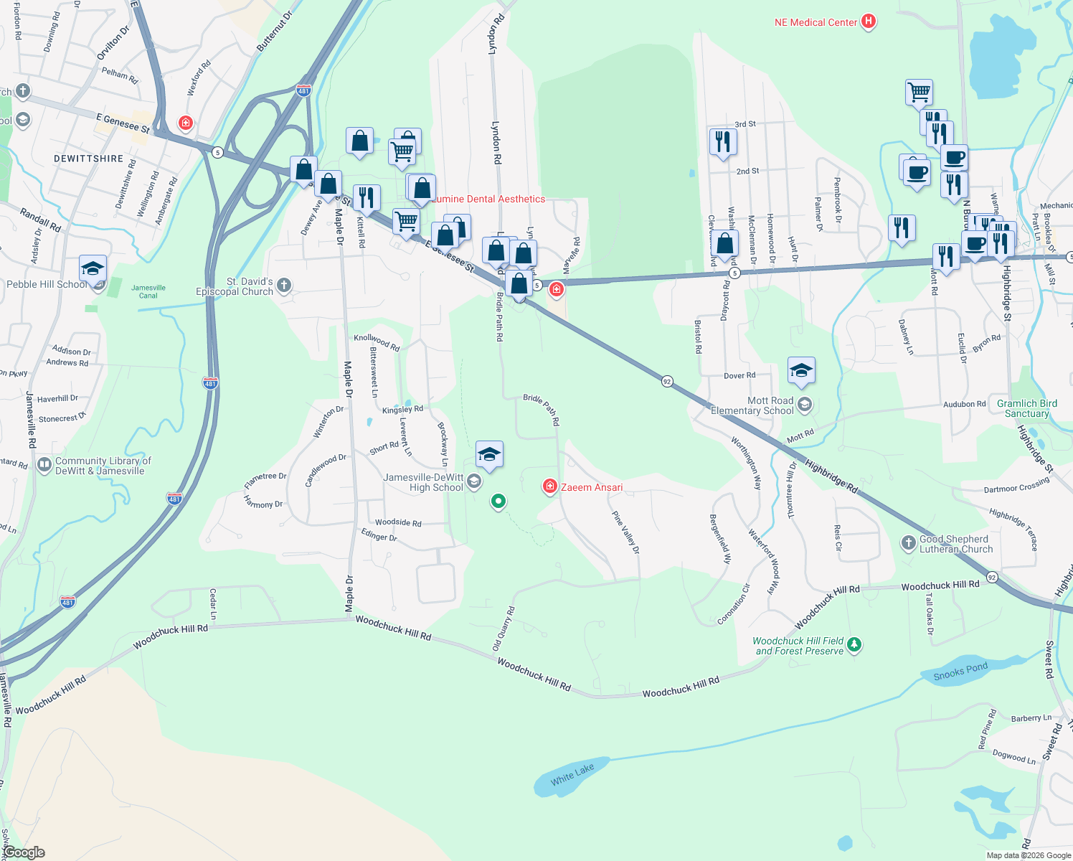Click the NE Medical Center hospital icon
coord(869,22)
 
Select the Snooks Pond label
coord(960,672)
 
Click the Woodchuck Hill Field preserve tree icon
coord(854,644)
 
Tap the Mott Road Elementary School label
coord(752,406)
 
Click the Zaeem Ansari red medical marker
coord(550,487)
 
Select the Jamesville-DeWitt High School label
coord(423,482)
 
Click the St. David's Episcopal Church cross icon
coord(284,286)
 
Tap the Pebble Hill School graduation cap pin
coord(93,268)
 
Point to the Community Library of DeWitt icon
coord(44,465)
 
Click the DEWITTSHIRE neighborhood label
coord(89,159)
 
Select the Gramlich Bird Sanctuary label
coord(1026,408)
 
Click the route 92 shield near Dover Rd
coord(667,381)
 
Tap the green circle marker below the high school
coord(498,501)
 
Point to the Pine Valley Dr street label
coord(625,532)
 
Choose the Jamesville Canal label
coord(148,291)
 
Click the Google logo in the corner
coord(25,852)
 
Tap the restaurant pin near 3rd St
coord(723,141)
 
